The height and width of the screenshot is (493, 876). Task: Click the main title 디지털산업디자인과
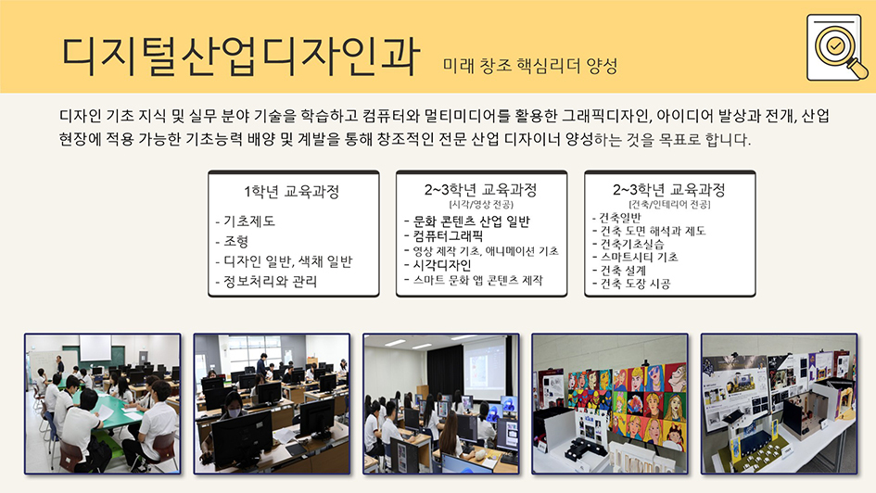tap(240, 57)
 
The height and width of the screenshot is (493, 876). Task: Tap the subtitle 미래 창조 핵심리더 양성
tap(530, 66)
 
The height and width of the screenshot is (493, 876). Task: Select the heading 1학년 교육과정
tap(292, 192)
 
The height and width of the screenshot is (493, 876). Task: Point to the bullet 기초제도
tap(246, 221)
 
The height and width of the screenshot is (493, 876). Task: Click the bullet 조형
tap(232, 241)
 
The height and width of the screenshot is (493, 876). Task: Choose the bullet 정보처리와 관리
tap(266, 282)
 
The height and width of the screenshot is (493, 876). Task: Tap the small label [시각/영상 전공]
tap(481, 205)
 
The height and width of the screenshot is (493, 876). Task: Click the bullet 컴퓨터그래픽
tap(444, 235)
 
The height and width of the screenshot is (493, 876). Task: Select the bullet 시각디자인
tap(438, 265)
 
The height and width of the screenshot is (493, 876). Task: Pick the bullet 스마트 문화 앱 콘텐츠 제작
tap(473, 280)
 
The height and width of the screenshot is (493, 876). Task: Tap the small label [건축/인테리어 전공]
tap(669, 205)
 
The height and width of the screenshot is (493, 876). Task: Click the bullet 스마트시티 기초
tap(635, 257)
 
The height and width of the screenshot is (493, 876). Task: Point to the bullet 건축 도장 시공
tap(631, 284)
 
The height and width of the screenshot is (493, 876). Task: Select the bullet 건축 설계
tap(619, 271)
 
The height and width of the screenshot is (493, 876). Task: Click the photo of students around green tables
tap(102, 404)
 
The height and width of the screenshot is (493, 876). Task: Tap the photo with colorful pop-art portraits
tap(610, 404)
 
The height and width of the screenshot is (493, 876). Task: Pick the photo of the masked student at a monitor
tap(272, 404)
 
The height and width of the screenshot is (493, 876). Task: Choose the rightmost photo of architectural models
tap(779, 404)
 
